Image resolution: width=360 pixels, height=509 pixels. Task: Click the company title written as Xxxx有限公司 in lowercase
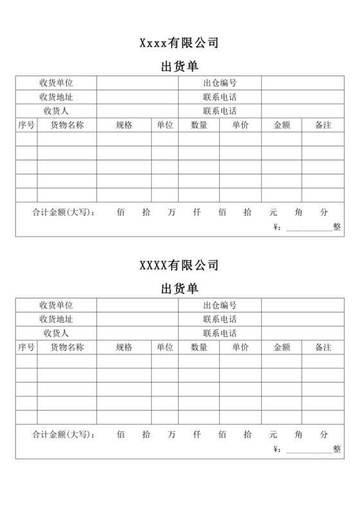[x=179, y=43]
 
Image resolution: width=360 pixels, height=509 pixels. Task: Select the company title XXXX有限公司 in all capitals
[x=179, y=265]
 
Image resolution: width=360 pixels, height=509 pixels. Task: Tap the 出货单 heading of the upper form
[x=179, y=66]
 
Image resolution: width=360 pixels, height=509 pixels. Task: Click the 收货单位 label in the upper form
[x=56, y=83]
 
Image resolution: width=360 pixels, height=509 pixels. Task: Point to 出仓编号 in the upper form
[x=220, y=83]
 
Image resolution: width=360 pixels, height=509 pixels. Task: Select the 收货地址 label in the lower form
[x=56, y=319]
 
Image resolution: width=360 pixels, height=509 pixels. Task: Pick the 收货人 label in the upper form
[x=56, y=111]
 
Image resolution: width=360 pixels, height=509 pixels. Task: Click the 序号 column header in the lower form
[x=26, y=347]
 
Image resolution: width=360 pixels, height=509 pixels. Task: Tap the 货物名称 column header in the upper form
[x=67, y=125]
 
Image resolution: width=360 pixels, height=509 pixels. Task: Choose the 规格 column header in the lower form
[x=124, y=347]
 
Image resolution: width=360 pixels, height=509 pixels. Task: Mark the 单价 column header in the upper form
[x=240, y=125]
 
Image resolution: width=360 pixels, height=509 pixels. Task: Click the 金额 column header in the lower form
[x=282, y=347]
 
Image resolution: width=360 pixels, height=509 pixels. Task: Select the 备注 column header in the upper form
[x=323, y=125]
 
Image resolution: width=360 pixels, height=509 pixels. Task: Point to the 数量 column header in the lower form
[x=199, y=347]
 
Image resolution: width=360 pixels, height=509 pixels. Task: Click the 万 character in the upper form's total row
[x=171, y=211]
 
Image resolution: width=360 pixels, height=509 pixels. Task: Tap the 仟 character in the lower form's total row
[x=197, y=434]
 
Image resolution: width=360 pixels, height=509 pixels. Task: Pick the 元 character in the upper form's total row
[x=273, y=211]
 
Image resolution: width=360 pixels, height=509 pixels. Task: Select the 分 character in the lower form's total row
[x=324, y=434]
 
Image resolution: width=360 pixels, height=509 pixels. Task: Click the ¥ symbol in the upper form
[x=277, y=227]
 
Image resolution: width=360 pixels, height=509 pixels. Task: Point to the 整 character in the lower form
[x=337, y=449]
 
